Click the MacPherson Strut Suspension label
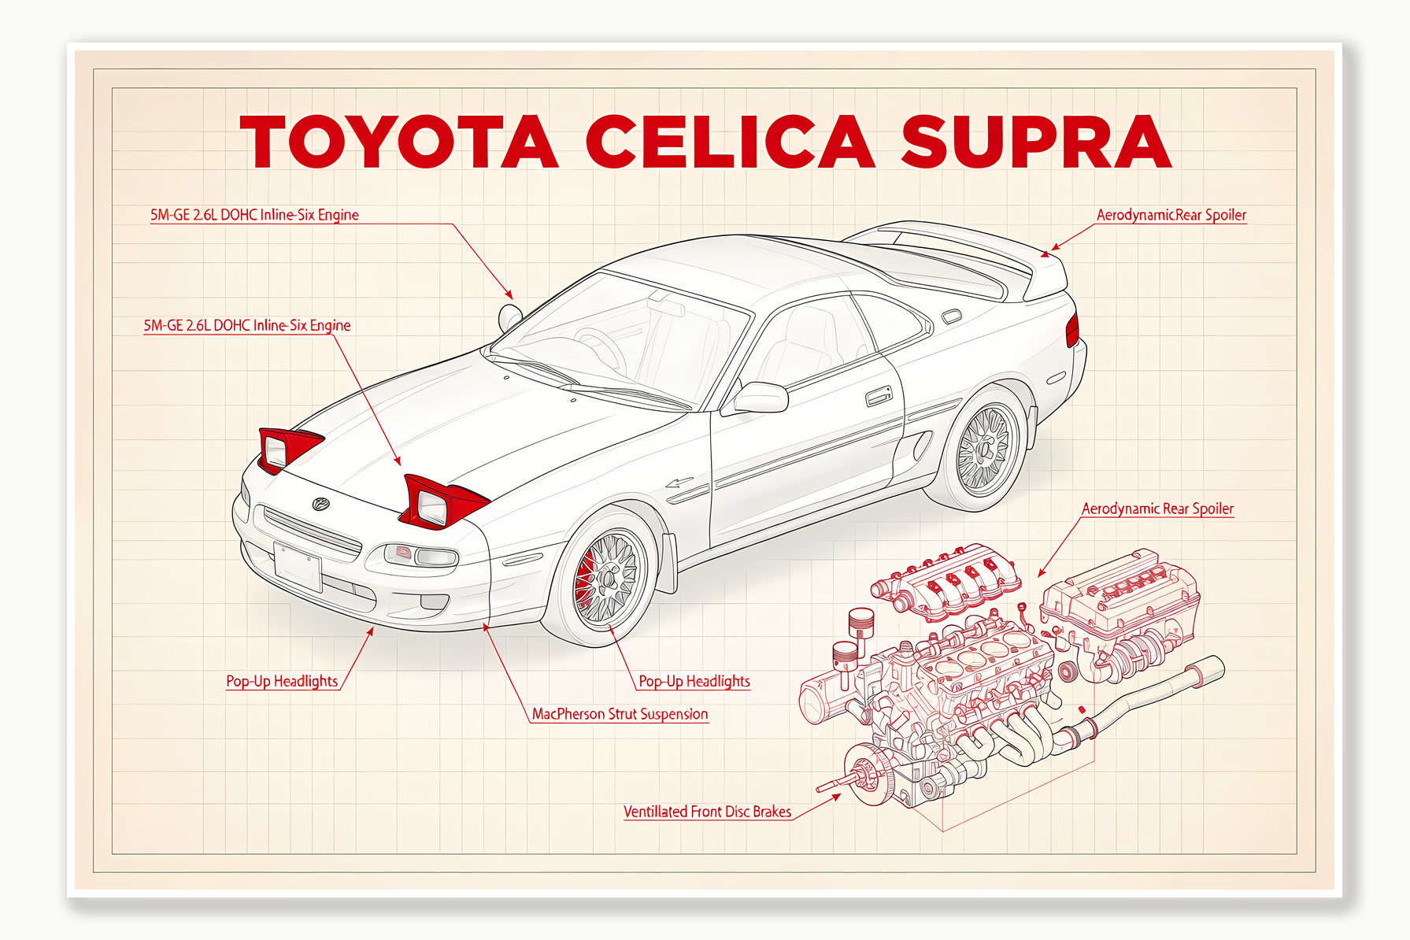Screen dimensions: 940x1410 [x=620, y=714]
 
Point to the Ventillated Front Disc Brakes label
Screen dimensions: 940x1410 [x=707, y=812]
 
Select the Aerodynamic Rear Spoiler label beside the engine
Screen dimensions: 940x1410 [x=1157, y=509]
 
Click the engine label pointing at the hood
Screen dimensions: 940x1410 [x=246, y=325]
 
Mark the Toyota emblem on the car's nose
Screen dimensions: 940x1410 [x=320, y=504]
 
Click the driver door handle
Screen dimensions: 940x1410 [x=879, y=396]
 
